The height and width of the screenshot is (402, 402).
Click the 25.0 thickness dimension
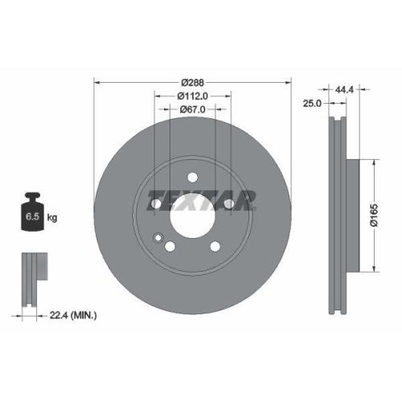pos(313,104)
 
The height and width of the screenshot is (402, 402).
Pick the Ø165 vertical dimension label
pos(375,215)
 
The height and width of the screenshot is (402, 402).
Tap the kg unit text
pos(53,217)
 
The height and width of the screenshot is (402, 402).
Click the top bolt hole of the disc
pos(193,178)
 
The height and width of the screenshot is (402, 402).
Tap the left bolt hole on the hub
pos(157,205)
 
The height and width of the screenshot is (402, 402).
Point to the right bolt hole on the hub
pos(229,205)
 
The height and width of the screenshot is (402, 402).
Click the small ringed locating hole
pos(158,237)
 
